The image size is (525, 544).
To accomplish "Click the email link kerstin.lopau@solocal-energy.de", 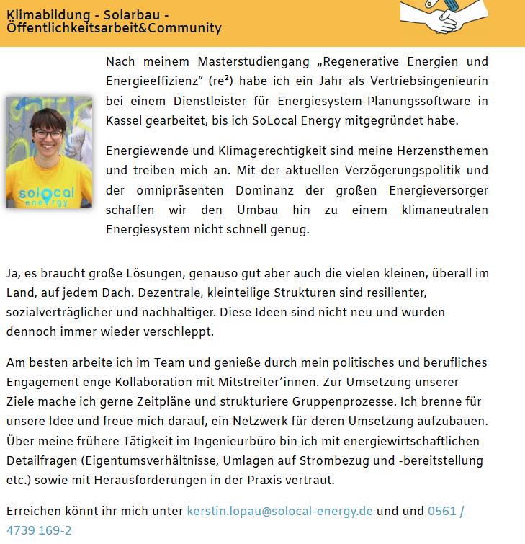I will pos(279,512).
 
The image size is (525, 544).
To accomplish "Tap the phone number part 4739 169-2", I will pos(39,531).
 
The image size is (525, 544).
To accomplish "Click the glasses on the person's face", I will pos(48,134).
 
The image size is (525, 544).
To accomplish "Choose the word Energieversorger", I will pos(437,190).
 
